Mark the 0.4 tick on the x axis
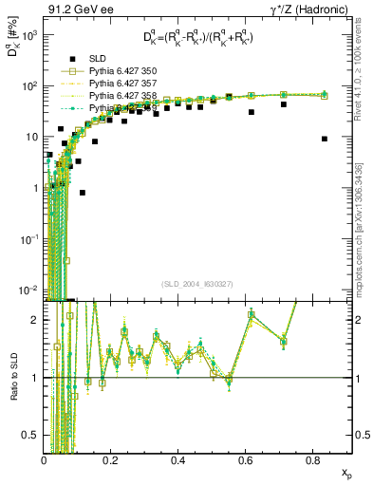click(177, 460)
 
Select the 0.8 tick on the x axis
click(311, 460)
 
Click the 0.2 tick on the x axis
click(111, 460)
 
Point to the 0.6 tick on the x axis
click(245, 460)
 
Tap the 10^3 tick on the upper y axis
click(29, 34)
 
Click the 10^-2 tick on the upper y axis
click(28, 290)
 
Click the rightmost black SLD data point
click(325, 139)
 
